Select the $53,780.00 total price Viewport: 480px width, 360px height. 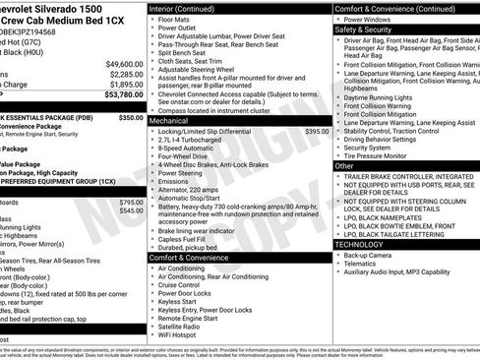[x=123, y=95]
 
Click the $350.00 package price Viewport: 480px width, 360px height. [x=131, y=117]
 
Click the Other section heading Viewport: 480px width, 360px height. [x=344, y=166]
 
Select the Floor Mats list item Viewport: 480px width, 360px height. [x=176, y=19]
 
